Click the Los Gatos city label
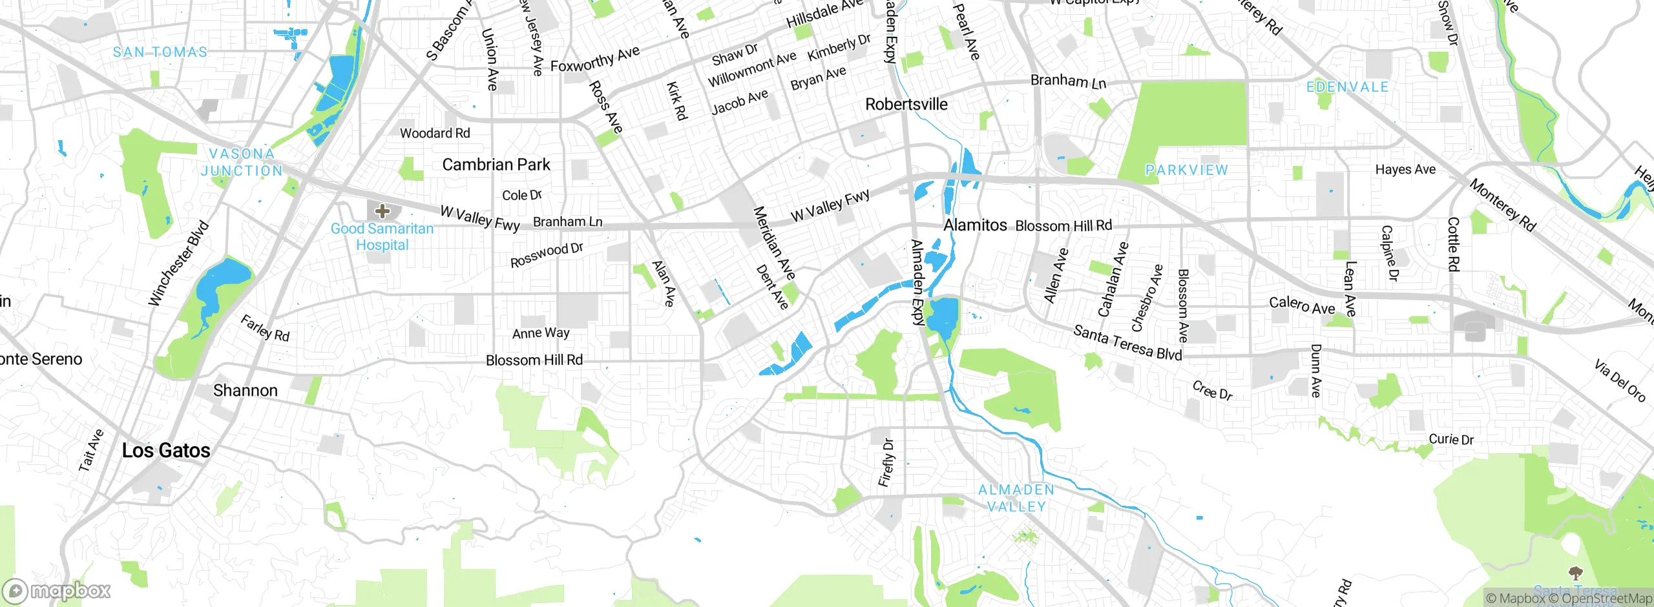coord(166,450)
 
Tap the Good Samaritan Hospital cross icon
coord(382,211)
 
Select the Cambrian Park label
coord(496,165)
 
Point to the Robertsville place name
coord(906,104)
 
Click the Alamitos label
coord(975,225)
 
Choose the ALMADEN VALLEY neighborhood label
coord(1016,498)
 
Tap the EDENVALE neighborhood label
coord(1347,87)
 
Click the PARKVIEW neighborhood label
coord(1186,170)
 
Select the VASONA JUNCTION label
coord(242,162)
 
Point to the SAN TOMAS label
coord(160,52)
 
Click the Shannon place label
coord(246,391)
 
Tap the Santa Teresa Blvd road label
coord(1127,342)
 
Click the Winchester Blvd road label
coord(178,263)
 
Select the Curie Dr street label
coord(1451,439)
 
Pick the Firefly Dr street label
coord(886,462)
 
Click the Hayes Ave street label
coord(1405,169)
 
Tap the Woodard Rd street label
coord(435,133)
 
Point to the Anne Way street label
coord(541,333)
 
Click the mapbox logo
coord(57,591)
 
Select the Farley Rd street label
coord(265,327)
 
